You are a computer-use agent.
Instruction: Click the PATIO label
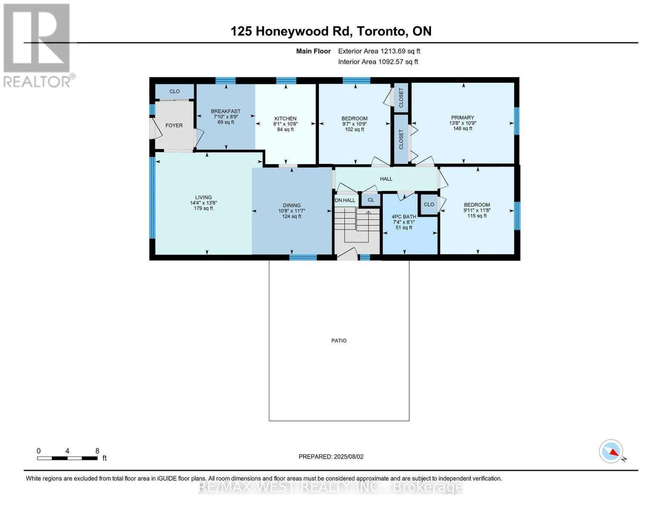tap(339, 340)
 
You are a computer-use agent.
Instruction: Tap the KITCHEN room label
tap(285, 119)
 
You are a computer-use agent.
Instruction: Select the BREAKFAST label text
tap(225, 111)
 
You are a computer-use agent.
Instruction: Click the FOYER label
tap(174, 125)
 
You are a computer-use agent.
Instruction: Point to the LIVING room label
tap(203, 197)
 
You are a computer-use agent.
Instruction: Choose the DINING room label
tap(292, 205)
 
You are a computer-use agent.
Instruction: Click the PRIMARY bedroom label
tap(463, 117)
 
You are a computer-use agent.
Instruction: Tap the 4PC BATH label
tap(404, 217)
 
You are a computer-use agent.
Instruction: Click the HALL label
tap(386, 179)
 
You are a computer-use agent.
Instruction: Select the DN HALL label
tap(345, 201)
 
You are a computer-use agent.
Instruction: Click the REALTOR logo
tap(38, 45)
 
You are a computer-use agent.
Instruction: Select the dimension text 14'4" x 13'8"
tap(203, 203)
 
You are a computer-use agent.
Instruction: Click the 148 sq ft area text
tap(463, 128)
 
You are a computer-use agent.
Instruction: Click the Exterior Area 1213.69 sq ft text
tap(379, 51)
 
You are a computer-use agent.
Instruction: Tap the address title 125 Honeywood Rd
tap(292, 31)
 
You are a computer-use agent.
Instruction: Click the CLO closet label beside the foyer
tap(175, 91)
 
